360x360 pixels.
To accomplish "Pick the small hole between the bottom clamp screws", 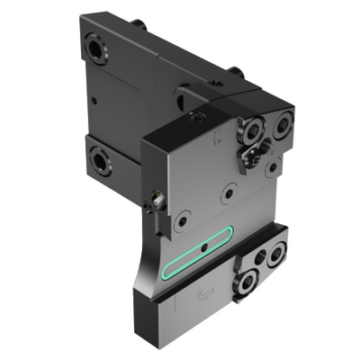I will click(x=262, y=258).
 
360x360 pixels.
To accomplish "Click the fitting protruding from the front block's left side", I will click(x=156, y=199).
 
